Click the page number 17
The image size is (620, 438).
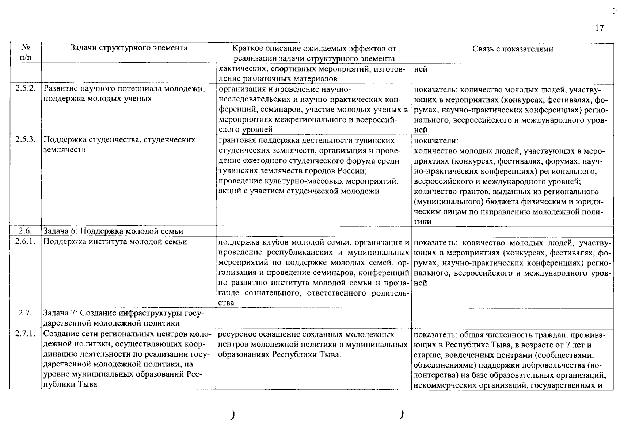click(600, 28)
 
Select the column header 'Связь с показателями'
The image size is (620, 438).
click(513, 49)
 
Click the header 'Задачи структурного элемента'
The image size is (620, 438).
click(129, 48)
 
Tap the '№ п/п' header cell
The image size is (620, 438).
click(26, 53)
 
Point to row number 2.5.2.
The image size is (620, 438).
click(26, 89)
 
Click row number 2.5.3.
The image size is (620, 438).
click(26, 140)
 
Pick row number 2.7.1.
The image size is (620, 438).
click(26, 334)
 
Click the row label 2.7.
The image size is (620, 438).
click(26, 313)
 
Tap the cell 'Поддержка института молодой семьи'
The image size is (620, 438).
click(115, 242)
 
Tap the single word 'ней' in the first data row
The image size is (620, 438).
click(421, 69)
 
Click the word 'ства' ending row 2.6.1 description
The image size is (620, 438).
click(226, 303)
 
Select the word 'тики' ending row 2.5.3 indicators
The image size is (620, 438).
click(423, 222)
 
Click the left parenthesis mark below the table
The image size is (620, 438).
click(232, 415)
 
